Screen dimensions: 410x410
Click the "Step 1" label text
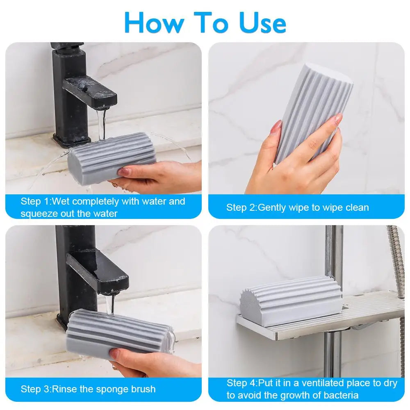[36, 201]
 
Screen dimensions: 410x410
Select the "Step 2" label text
[241, 207]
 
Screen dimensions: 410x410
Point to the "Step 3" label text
[36, 389]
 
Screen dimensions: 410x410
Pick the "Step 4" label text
[242, 383]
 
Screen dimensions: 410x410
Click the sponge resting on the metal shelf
[291, 301]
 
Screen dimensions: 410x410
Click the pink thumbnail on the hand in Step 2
[276, 126]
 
